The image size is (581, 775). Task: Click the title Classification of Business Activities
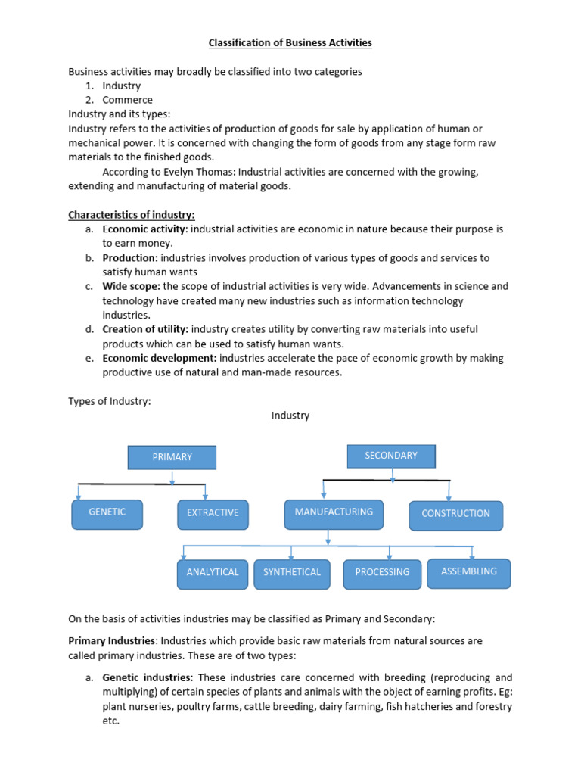point(290,42)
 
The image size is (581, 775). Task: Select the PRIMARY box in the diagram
point(172,457)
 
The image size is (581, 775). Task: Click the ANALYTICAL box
point(213,573)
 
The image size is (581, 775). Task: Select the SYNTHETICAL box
point(292,573)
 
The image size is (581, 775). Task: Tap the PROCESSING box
point(382,573)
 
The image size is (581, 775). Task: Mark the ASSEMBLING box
point(469,572)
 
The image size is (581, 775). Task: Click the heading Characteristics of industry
point(132,215)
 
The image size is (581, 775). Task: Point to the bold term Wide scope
point(131,287)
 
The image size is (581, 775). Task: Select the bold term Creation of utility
point(145,329)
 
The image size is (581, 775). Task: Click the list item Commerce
point(127,100)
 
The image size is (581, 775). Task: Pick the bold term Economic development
point(160,358)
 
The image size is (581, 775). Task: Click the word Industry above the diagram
point(290,416)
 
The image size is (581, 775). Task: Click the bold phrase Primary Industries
point(113,641)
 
